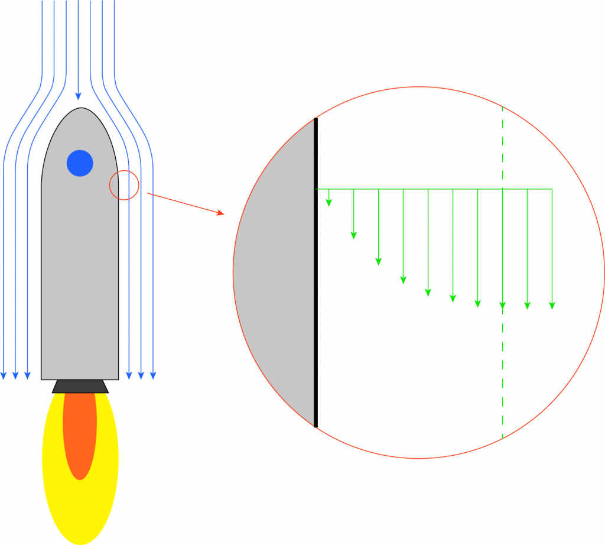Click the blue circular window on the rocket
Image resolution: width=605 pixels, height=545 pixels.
point(80,163)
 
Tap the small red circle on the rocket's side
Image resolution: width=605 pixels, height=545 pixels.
point(124,185)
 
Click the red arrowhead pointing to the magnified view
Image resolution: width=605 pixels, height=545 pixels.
point(220,213)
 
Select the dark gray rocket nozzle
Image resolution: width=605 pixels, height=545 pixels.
point(80,387)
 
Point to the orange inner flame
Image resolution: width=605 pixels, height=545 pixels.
point(80,434)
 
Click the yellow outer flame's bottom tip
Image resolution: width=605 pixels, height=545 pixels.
point(80,543)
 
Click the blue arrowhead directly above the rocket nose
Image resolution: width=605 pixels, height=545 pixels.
point(78,96)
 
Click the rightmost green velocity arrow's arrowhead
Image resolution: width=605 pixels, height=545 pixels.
point(552,306)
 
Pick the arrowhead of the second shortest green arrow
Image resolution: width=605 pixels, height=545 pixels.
point(353,235)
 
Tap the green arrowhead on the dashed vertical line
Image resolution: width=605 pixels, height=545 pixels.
point(502,306)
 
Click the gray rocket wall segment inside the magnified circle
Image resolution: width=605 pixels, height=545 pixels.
point(278,272)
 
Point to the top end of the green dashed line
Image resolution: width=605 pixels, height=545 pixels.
point(502,108)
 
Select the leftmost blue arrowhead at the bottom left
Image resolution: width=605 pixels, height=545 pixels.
point(4,375)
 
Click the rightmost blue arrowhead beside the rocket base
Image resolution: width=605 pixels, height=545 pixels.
point(153,375)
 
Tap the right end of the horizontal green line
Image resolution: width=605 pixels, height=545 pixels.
point(552,189)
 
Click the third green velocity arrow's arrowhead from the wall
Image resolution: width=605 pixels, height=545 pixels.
point(378,261)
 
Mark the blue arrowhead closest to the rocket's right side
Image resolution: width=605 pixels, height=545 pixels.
point(129,375)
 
